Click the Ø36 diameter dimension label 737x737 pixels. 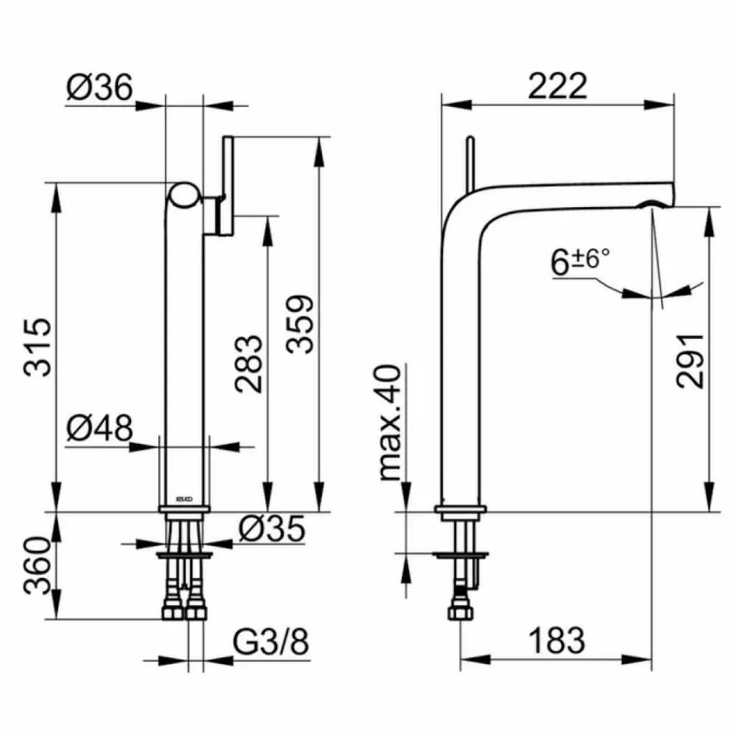(99, 87)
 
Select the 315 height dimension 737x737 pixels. (39, 346)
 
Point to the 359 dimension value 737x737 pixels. (299, 324)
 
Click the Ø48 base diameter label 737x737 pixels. (99, 427)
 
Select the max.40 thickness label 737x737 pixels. (393, 424)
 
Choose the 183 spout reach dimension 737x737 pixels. (557, 641)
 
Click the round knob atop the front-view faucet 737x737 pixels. (185, 195)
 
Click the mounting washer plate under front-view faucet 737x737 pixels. (184, 556)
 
